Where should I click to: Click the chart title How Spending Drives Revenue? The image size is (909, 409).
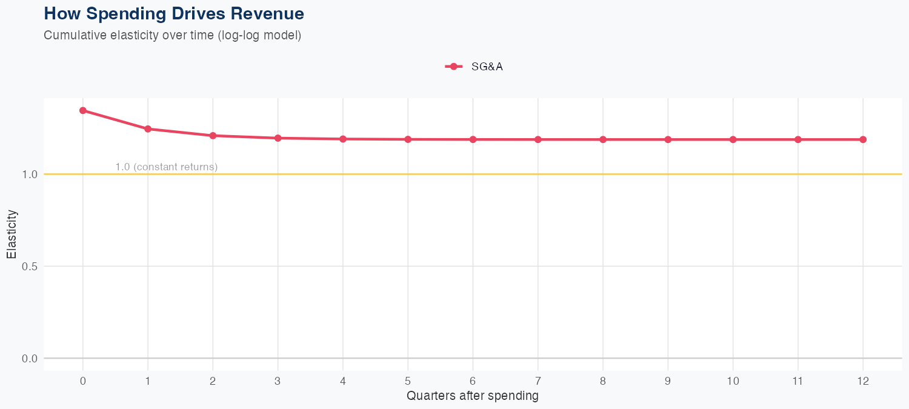(x=174, y=13)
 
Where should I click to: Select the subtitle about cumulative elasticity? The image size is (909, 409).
(x=172, y=35)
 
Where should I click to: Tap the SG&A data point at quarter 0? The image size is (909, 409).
(x=82, y=110)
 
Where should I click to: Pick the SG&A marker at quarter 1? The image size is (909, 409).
(x=148, y=128)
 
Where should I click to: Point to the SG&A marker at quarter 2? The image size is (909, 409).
(x=213, y=136)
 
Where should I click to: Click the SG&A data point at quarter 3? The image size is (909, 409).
(x=278, y=138)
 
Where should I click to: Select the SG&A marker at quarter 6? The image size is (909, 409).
(x=473, y=139)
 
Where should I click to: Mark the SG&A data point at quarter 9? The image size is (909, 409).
(x=668, y=139)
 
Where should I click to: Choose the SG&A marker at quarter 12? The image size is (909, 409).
(x=863, y=139)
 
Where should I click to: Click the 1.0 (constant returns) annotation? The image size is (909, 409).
(x=166, y=167)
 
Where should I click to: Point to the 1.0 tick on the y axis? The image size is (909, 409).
(x=30, y=175)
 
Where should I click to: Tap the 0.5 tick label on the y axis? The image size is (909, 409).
(x=30, y=267)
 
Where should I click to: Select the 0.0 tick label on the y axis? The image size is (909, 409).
(x=30, y=359)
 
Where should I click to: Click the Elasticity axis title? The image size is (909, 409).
(x=12, y=234)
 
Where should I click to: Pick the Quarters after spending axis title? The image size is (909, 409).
(x=472, y=396)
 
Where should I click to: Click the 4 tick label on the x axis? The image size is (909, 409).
(x=343, y=381)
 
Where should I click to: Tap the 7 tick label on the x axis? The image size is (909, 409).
(x=538, y=381)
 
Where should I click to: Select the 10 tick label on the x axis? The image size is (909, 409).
(x=733, y=381)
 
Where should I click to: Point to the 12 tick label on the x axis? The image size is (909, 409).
(x=863, y=381)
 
